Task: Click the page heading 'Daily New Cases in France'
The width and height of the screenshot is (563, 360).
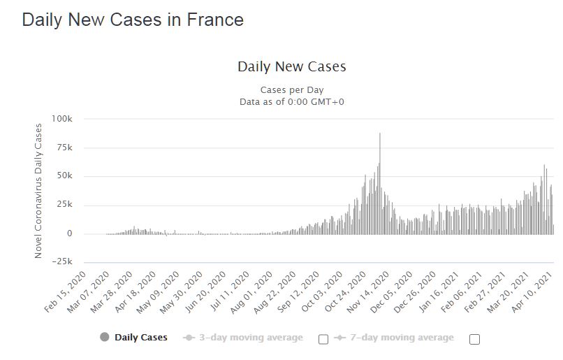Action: [x=133, y=20]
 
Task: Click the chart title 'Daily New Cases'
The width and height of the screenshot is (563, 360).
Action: [x=292, y=67]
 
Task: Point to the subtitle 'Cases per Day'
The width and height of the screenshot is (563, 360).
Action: [x=292, y=90]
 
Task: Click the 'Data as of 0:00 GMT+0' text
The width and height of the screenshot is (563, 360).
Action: [x=292, y=102]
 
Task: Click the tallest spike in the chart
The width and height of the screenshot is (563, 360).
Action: [x=380, y=134]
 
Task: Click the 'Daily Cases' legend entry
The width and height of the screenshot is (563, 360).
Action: [x=140, y=338]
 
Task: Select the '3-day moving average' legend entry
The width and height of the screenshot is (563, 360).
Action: [x=250, y=338]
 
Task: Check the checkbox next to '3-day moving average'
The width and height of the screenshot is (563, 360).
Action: [x=323, y=339]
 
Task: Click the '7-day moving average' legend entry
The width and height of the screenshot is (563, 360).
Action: [x=401, y=338]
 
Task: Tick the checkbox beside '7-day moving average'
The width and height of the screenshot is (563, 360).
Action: [x=475, y=339]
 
